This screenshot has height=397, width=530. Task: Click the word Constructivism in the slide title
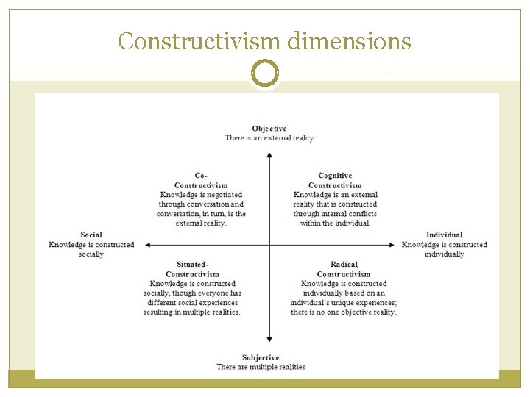point(198,41)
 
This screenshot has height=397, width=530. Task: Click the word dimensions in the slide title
point(348,41)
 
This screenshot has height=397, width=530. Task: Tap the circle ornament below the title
point(265,74)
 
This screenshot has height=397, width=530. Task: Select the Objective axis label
point(269,129)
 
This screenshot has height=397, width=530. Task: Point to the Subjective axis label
point(261,357)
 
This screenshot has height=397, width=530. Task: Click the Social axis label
point(91,235)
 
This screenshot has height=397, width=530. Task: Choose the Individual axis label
point(445,235)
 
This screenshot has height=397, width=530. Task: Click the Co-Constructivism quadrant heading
point(201,180)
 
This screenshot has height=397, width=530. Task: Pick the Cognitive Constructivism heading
point(335,180)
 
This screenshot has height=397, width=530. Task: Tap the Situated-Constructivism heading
point(192,269)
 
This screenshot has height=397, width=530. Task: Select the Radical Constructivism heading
point(344,269)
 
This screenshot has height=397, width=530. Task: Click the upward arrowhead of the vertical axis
point(270,154)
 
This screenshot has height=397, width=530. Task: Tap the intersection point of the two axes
point(270,245)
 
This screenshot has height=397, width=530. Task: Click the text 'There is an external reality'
point(269,138)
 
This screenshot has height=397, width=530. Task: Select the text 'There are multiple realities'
point(261,367)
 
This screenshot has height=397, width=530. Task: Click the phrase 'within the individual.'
point(336,223)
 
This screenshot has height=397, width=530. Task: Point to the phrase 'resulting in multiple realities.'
point(192,312)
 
